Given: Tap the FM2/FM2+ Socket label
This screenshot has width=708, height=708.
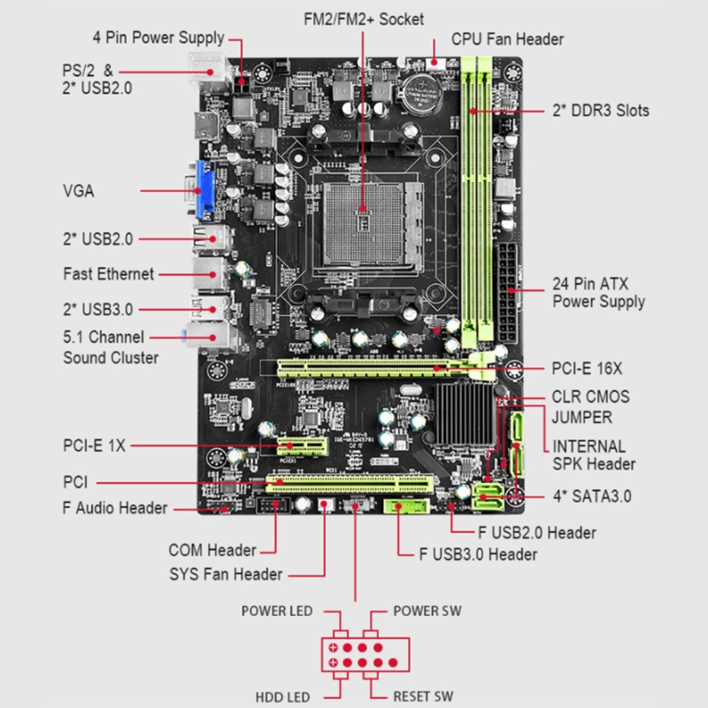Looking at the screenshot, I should coord(362,18).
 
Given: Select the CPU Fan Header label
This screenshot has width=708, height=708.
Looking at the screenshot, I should coord(507,39).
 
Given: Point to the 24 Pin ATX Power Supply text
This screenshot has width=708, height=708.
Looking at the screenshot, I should coord(598,292).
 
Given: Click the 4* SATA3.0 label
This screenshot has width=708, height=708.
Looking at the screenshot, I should coord(591,496).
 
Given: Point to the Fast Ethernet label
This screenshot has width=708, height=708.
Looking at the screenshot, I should coord(108,273).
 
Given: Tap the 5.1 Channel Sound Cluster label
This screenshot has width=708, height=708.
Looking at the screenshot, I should coord(111,347).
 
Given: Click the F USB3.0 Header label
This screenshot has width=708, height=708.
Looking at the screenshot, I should coord(477,555).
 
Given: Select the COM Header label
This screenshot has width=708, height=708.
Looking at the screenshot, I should coord(212,550).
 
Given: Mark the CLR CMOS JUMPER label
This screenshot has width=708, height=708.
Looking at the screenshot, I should coord(590,407).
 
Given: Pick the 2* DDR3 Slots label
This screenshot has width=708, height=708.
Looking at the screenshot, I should coord(600,111).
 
